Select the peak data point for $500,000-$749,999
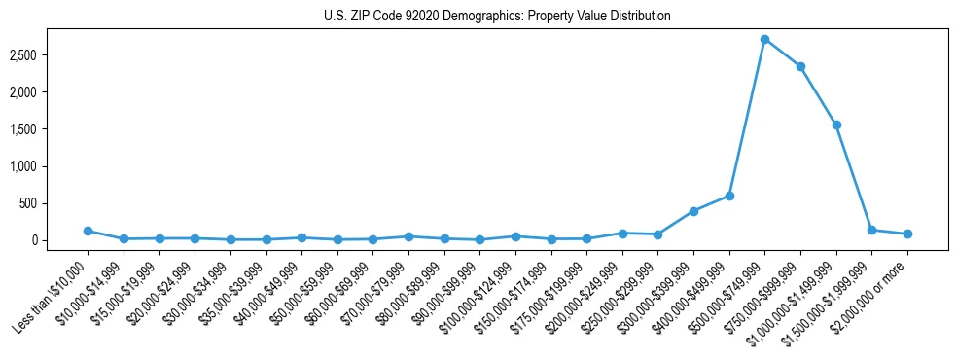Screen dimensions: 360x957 coord(764,39)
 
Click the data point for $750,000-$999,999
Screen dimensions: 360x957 coord(800,67)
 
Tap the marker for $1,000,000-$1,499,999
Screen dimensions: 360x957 coord(836,125)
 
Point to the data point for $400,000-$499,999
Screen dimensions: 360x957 coord(729,196)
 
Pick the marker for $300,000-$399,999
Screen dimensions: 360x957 coord(693,211)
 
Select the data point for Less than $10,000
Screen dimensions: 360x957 coord(88,231)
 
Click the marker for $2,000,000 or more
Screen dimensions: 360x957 coord(907,234)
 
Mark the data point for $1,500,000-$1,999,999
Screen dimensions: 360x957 coord(871,230)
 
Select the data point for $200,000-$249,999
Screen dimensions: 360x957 coord(622,234)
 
